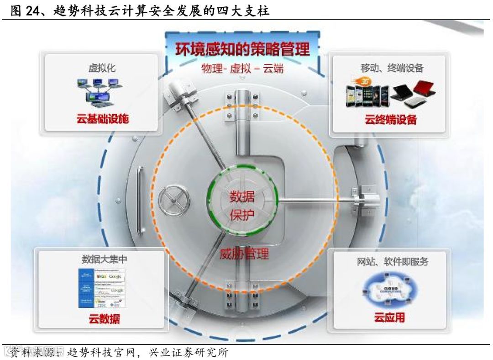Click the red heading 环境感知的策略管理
pos(242,49)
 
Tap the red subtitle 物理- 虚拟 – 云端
pos(242,69)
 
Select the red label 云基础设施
pos(102,119)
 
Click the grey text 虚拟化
pos(102,68)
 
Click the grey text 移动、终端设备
pos(392,68)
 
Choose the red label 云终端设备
pos(391,120)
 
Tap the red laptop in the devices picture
pos(424,88)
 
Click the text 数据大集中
pos(104,259)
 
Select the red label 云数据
pos(104,318)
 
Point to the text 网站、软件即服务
pos(393,262)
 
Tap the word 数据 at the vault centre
pos(242,197)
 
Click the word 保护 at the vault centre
pos(242,215)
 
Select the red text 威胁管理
pos(244,254)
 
